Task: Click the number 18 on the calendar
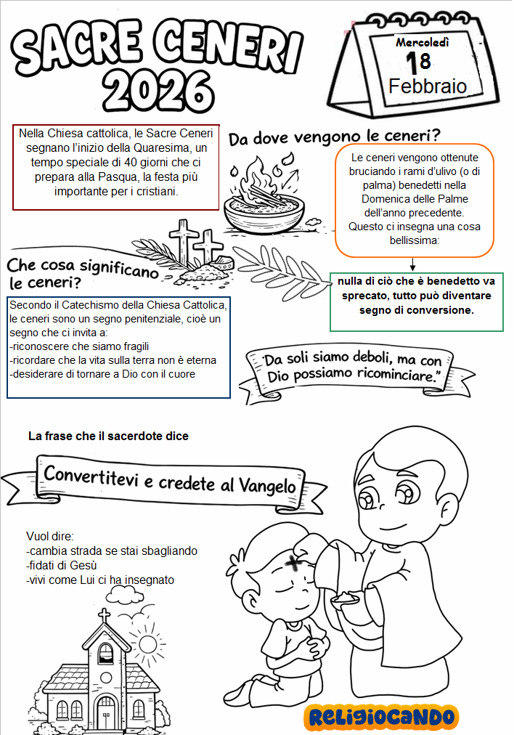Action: (x=418, y=62)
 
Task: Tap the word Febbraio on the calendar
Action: (x=428, y=86)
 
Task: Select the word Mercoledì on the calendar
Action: (x=423, y=43)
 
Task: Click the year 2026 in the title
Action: (x=158, y=91)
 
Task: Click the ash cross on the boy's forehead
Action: (x=293, y=563)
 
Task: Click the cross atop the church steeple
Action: (x=104, y=616)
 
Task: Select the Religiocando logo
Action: (x=381, y=717)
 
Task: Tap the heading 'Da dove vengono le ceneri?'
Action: (x=335, y=137)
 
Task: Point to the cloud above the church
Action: (x=125, y=593)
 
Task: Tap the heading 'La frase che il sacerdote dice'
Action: (x=108, y=436)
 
